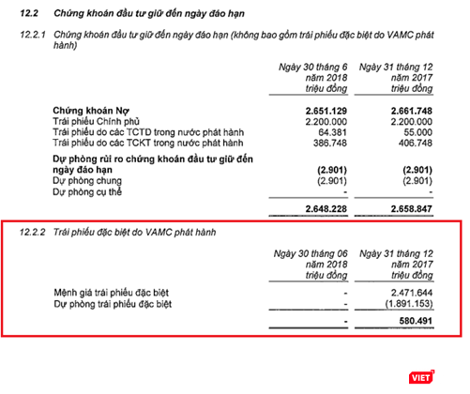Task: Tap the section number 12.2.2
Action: point(33,231)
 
